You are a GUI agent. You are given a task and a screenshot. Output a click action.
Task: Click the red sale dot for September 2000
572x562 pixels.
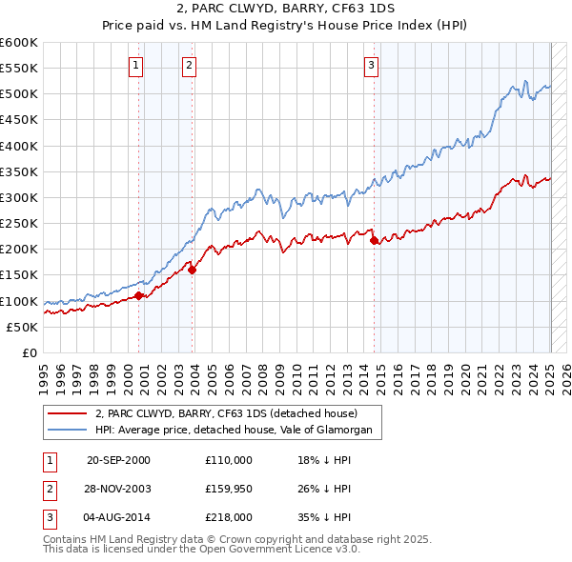(x=139, y=295)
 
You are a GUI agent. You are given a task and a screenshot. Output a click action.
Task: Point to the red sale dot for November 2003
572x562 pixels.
(x=193, y=270)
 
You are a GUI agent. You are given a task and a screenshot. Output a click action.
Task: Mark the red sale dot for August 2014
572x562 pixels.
(x=374, y=240)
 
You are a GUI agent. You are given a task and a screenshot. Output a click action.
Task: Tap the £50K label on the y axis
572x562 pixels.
(x=23, y=327)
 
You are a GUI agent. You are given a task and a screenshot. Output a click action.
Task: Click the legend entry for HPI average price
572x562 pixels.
(x=238, y=431)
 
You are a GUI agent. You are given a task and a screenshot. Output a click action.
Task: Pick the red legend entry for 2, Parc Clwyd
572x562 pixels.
(x=226, y=414)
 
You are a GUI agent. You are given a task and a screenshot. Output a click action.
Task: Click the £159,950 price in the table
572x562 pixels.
(x=228, y=489)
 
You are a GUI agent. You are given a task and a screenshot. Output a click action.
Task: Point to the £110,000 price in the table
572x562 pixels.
(x=228, y=460)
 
